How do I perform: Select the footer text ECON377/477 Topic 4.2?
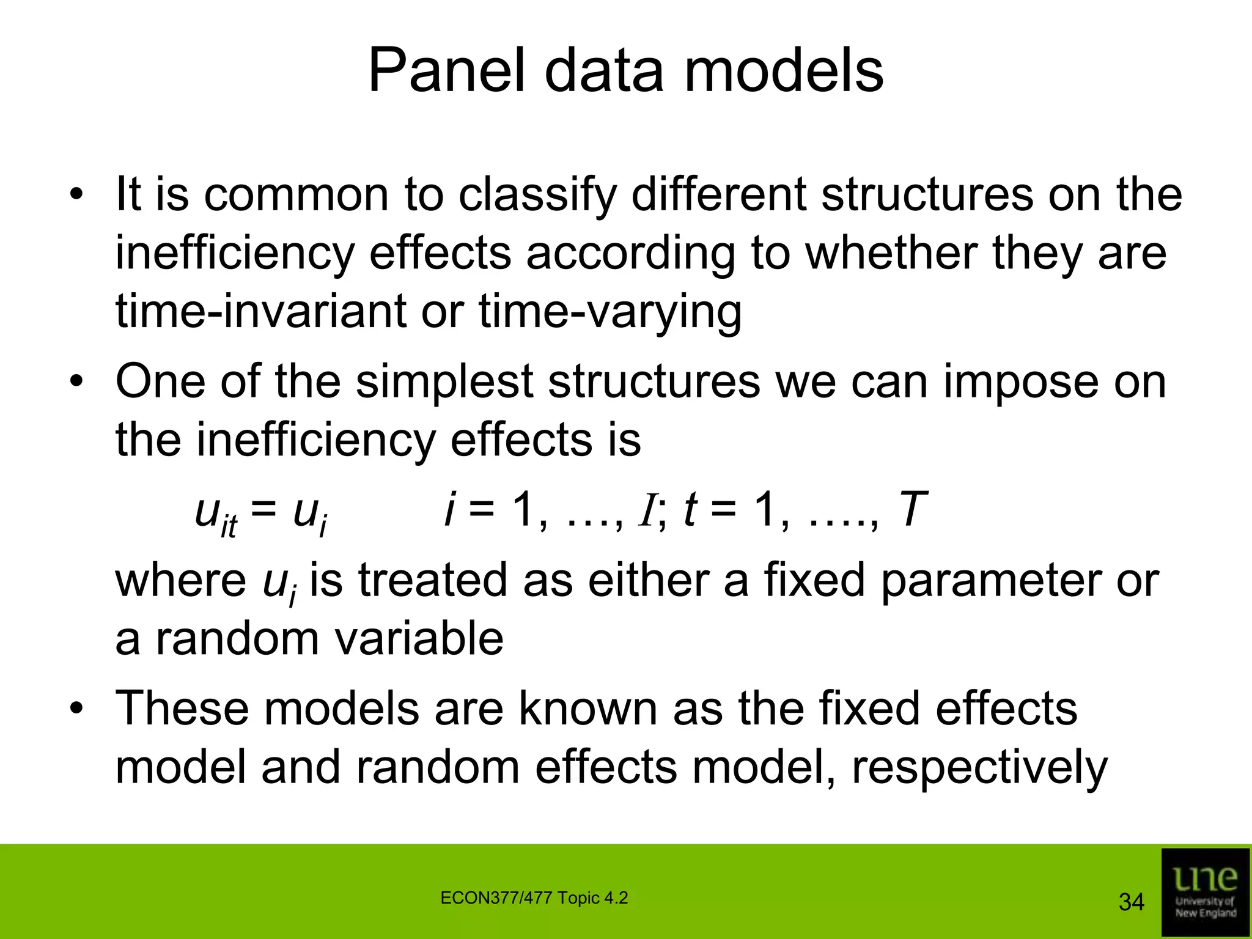pyautogui.click(x=534, y=898)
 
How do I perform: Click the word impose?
pyautogui.click(x=1020, y=381)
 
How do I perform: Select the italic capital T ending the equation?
pyautogui.click(x=913, y=509)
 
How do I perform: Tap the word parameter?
pyautogui.click(x=989, y=581)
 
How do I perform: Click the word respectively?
pyautogui.click(x=979, y=768)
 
